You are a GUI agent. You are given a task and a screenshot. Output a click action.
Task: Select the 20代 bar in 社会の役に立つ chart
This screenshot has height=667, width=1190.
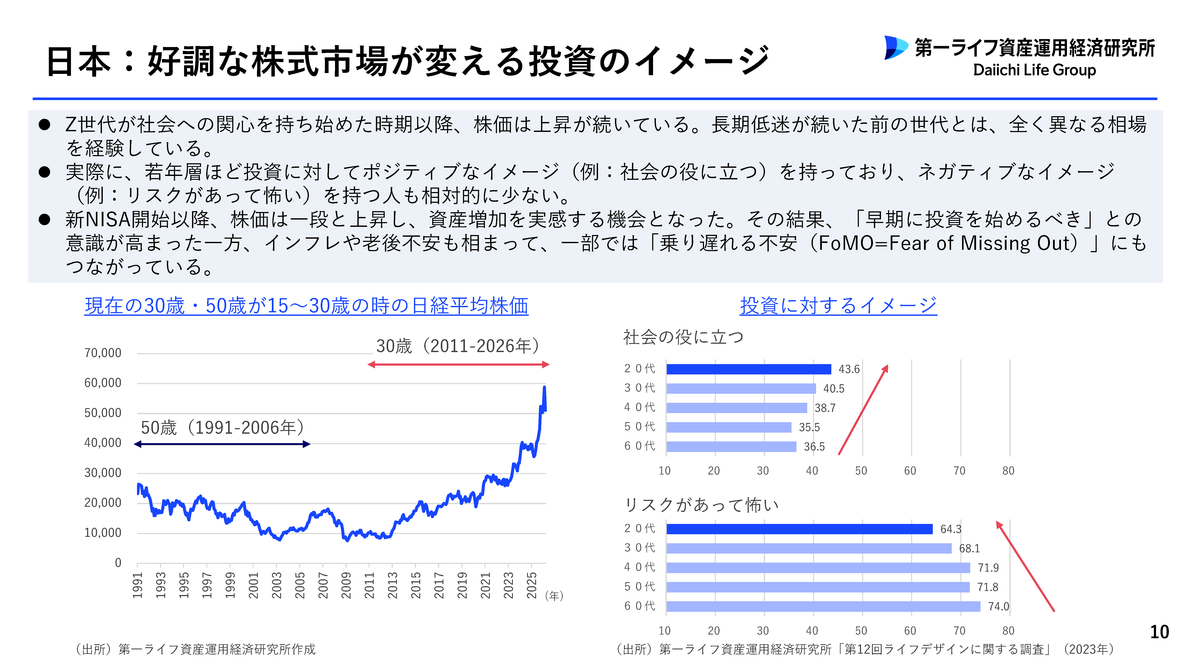(x=748, y=369)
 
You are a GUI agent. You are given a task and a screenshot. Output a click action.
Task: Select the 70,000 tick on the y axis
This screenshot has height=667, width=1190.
(x=103, y=353)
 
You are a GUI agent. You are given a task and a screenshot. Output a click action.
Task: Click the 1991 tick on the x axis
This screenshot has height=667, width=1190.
(x=137, y=585)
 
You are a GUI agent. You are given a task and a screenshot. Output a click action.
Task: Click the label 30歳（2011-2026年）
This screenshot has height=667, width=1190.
(x=457, y=346)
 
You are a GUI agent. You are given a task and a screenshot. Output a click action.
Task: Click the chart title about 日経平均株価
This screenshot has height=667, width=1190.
(x=306, y=305)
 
